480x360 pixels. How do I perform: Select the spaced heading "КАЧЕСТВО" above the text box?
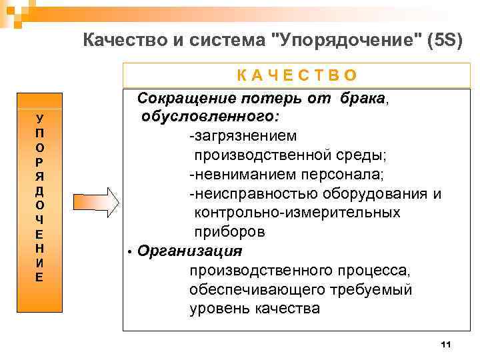pyautogui.click(x=297, y=75)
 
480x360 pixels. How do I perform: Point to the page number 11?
pyautogui.click(x=446, y=344)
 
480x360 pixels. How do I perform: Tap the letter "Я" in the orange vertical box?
pyautogui.click(x=40, y=177)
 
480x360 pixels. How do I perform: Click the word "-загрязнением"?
pyautogui.click(x=243, y=136)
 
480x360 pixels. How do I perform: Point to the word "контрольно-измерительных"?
pyautogui.click(x=297, y=213)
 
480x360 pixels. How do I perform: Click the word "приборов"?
pyautogui.click(x=230, y=233)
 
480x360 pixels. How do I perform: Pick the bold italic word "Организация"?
pyautogui.click(x=189, y=251)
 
